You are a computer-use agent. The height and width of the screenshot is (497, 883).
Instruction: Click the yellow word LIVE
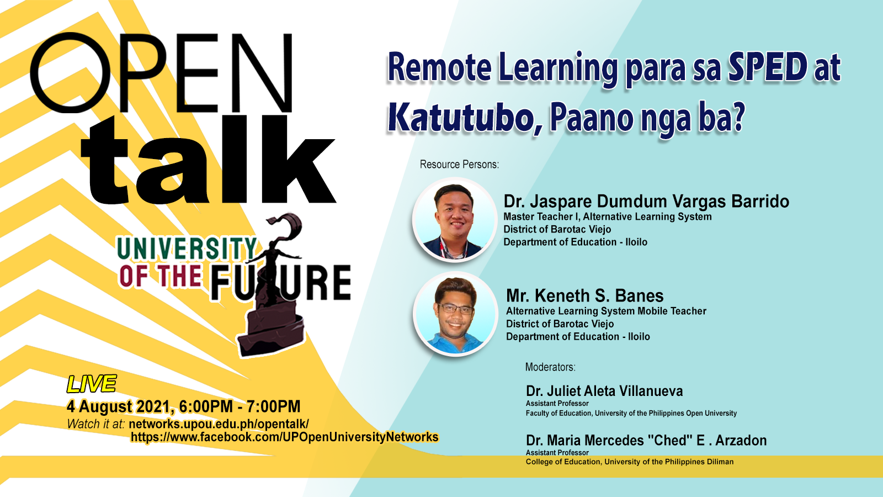tap(92, 384)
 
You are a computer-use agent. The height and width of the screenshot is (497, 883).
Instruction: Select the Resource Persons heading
tap(459, 165)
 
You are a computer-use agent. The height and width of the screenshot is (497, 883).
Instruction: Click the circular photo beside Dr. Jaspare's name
tap(455, 220)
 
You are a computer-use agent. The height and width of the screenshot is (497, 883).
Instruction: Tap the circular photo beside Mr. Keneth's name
tap(455, 314)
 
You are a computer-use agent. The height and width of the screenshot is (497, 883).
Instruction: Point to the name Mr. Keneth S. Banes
tap(585, 295)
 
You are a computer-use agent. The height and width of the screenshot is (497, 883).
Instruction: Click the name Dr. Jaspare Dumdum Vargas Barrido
tap(646, 201)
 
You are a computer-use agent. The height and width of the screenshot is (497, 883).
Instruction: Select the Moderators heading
tap(550, 367)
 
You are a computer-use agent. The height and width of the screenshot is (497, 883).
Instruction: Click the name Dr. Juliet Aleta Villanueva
tap(604, 391)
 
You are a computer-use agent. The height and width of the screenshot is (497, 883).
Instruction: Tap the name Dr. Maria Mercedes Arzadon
tap(646, 440)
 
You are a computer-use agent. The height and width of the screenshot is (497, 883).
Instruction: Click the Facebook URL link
tap(285, 437)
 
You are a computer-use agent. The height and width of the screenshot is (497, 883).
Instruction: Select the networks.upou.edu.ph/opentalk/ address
tap(219, 424)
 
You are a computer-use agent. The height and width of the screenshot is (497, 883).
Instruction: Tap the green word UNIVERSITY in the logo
tap(187, 248)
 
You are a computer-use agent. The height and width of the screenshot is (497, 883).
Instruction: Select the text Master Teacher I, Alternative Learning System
tap(608, 216)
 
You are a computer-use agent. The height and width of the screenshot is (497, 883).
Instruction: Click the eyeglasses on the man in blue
tap(455, 309)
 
